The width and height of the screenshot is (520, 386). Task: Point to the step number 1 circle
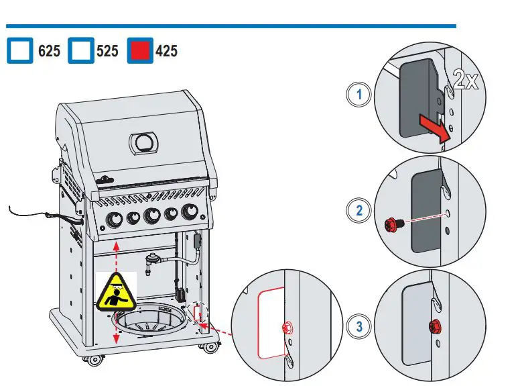(359, 95)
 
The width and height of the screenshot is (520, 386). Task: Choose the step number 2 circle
(359, 211)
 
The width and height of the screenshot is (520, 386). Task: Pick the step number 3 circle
(359, 327)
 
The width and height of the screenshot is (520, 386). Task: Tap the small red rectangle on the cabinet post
(197, 312)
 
